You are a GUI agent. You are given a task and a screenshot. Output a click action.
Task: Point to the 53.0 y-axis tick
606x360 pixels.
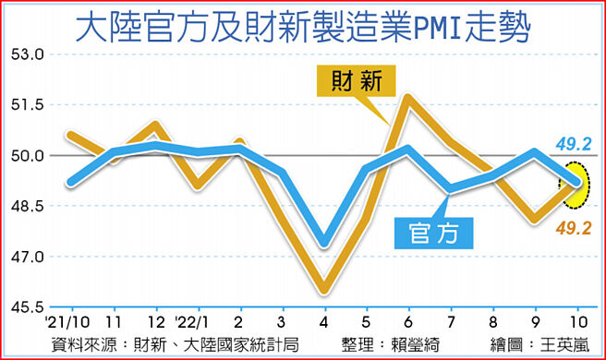(x=29, y=54)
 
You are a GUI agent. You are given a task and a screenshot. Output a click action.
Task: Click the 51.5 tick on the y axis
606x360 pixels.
(x=29, y=105)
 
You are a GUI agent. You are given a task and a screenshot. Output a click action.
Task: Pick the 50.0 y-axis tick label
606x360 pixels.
(x=29, y=155)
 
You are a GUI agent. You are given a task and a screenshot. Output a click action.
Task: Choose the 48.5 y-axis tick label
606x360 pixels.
(x=29, y=206)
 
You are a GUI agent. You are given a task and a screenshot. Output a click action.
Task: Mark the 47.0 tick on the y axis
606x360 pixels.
(x=29, y=256)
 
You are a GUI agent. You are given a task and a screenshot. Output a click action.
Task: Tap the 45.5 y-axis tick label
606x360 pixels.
(x=29, y=306)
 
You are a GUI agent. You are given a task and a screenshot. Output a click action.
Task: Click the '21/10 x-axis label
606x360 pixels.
(x=67, y=324)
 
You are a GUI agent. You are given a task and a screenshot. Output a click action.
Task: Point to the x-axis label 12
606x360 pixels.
(x=156, y=324)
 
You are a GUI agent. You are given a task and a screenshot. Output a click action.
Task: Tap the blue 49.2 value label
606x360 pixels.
(x=573, y=143)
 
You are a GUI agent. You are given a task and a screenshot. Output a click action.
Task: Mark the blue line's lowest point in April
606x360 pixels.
(x=322, y=246)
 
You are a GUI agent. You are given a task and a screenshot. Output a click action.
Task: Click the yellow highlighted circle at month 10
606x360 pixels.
(x=576, y=183)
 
